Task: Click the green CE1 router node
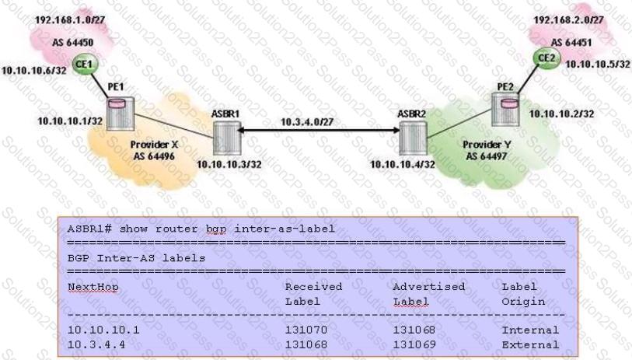[x=85, y=64]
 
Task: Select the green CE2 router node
[x=546, y=58]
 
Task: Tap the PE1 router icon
[x=120, y=113]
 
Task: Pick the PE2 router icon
[x=505, y=109]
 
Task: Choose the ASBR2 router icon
[x=413, y=138]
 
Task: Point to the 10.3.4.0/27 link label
[x=307, y=121]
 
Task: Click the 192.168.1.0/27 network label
[x=70, y=19]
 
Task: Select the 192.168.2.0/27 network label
[x=569, y=19]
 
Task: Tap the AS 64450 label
[x=72, y=42]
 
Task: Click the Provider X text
[x=154, y=145]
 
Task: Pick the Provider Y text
[x=487, y=145]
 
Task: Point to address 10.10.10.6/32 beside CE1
[x=34, y=71]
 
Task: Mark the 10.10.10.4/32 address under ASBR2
[x=403, y=164]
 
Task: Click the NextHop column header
[x=93, y=287]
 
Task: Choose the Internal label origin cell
[x=530, y=330]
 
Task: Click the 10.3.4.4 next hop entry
[x=96, y=344]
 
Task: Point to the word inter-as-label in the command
[x=285, y=229]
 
